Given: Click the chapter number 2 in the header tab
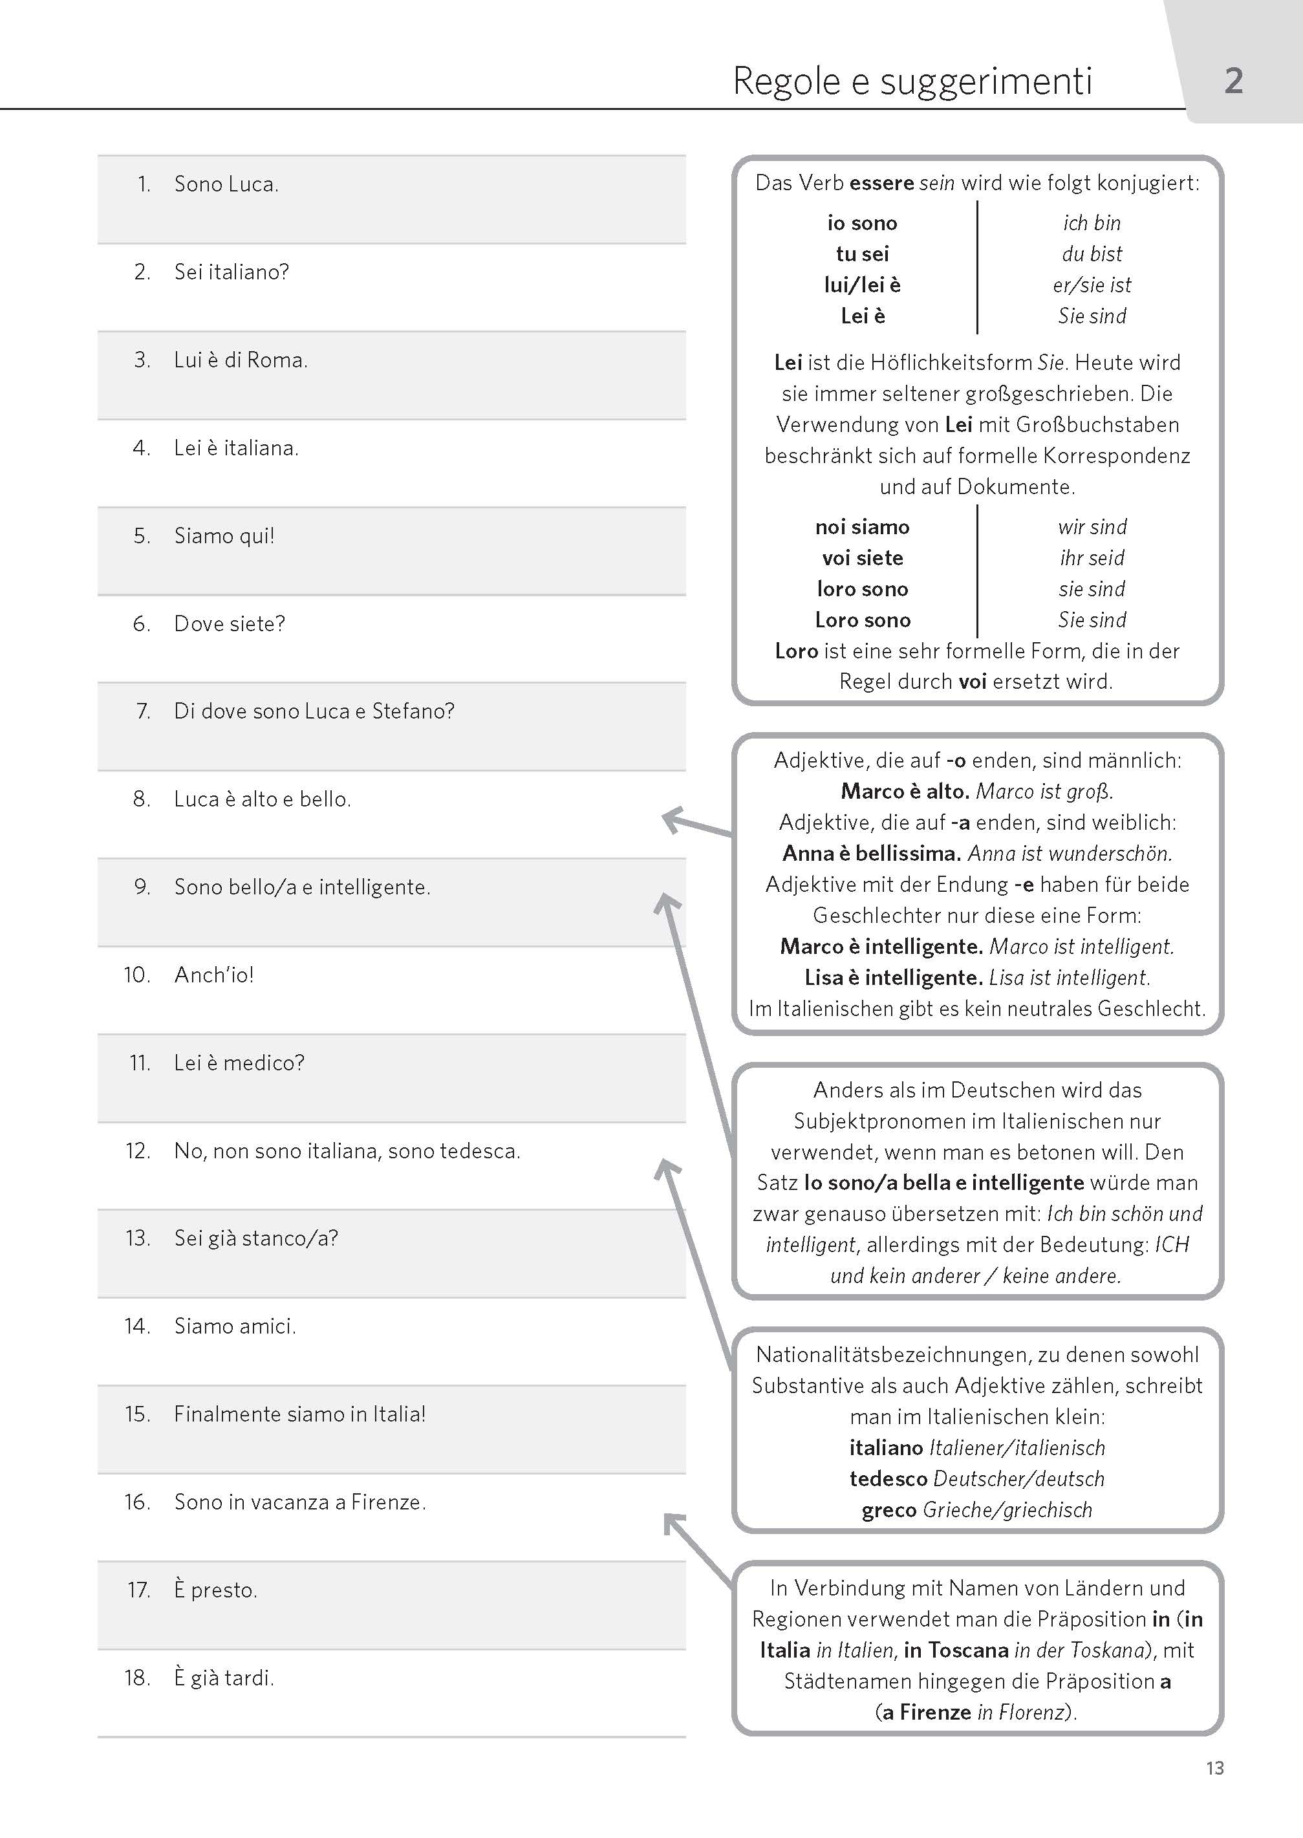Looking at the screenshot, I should tap(1233, 81).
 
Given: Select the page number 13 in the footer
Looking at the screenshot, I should tap(1214, 1768).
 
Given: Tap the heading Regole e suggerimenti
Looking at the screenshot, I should tap(912, 81).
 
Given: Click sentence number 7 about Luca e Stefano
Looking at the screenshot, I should tap(314, 711).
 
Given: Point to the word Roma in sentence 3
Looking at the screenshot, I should tap(276, 360).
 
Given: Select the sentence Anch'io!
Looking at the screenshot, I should tap(214, 975).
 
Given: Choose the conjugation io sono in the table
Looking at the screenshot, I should tap(862, 223).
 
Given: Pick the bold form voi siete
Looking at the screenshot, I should tap(862, 558).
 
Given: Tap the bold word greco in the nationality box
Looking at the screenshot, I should tap(888, 1510).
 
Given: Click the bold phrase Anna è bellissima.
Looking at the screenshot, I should tap(871, 854).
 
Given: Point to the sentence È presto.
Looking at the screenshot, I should tap(216, 1590).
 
